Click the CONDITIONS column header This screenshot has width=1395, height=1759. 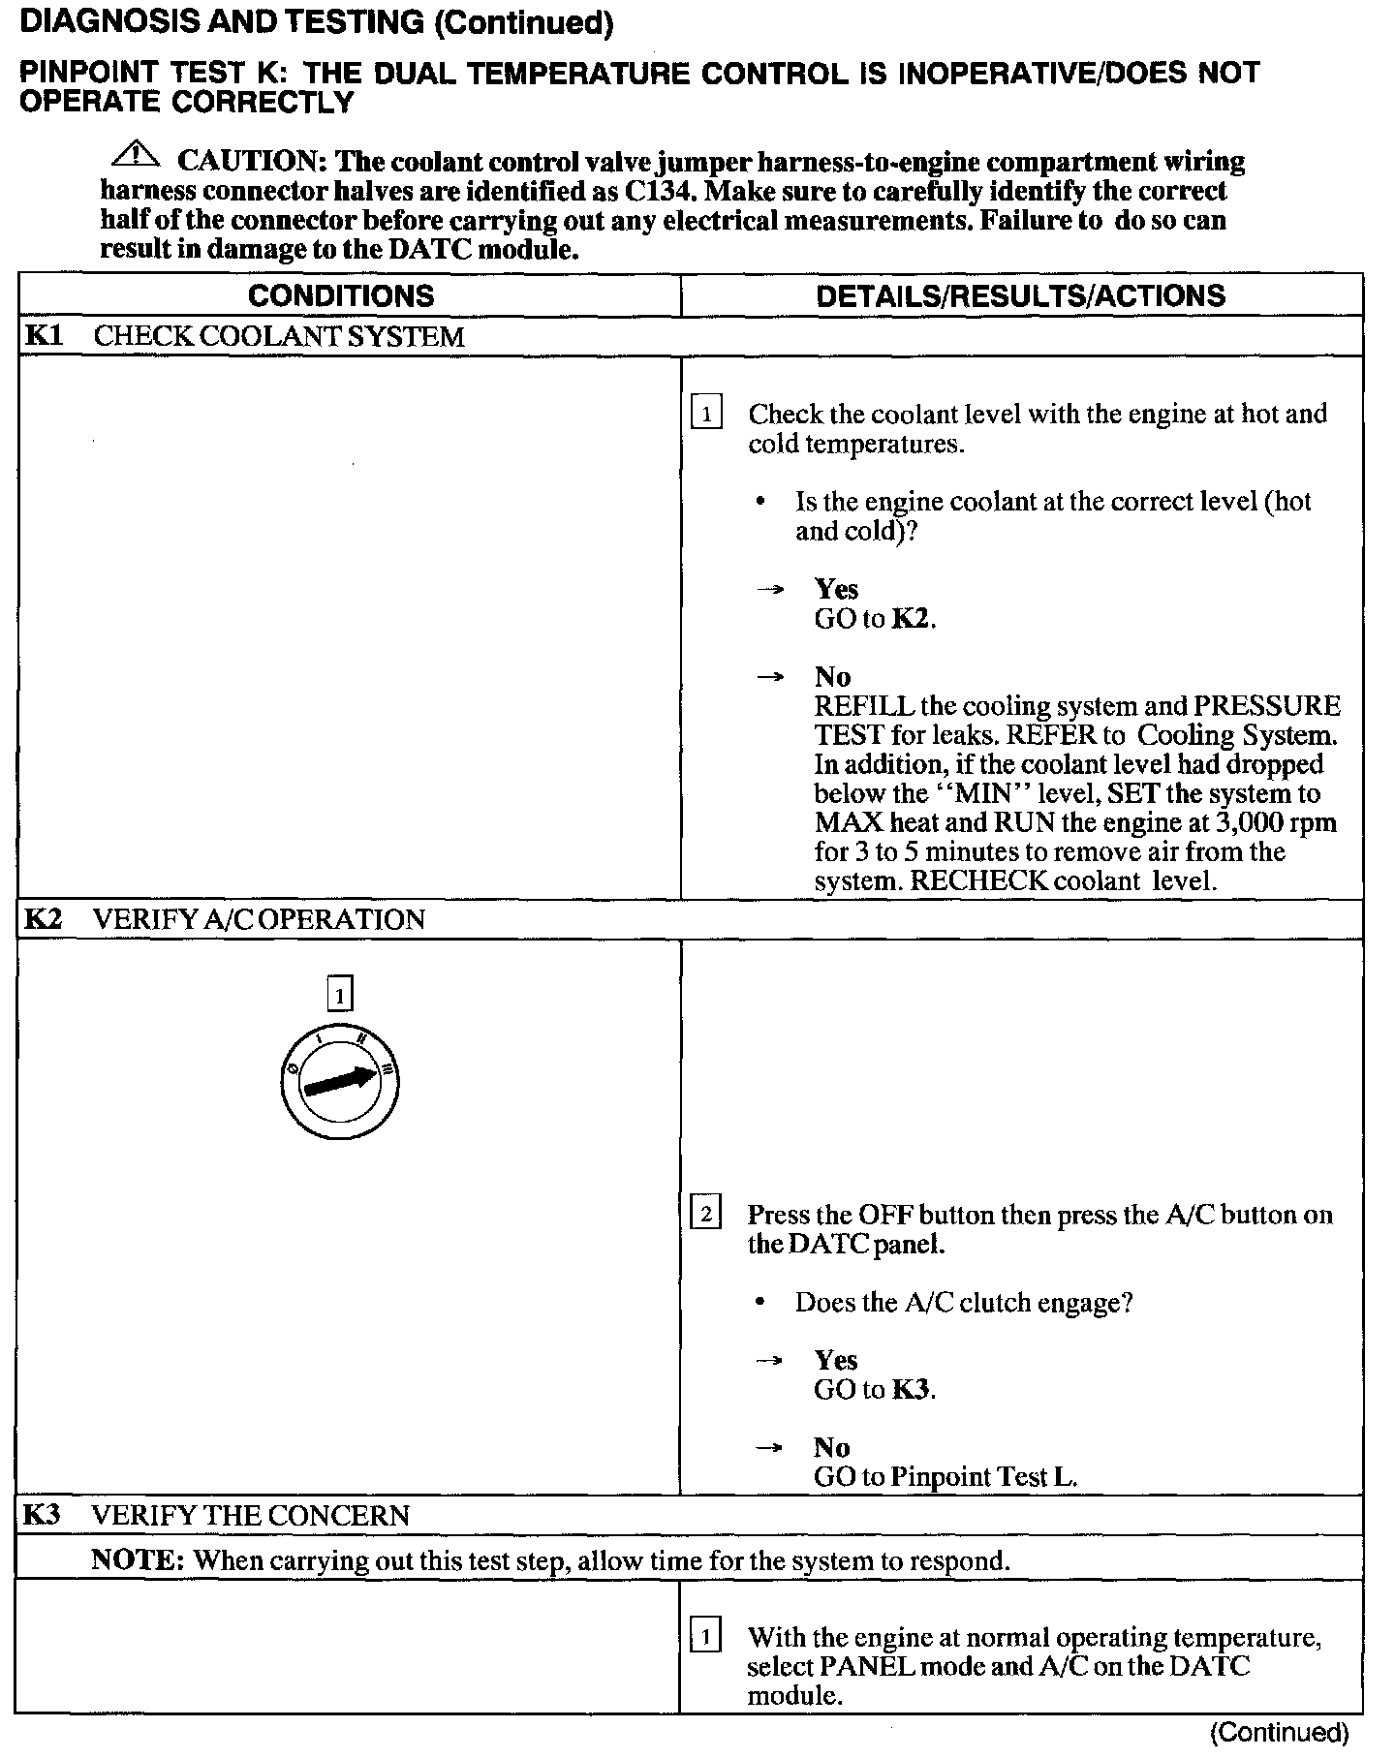click(x=341, y=295)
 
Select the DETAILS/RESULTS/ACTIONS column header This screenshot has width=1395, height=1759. click(x=1020, y=295)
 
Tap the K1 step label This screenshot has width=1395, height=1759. click(x=43, y=336)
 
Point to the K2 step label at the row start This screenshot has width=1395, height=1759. click(x=43, y=918)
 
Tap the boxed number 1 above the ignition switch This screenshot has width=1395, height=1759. click(x=339, y=995)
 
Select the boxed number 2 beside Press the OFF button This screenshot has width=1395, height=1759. click(x=705, y=1214)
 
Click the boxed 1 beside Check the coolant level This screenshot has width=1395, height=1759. click(x=706, y=415)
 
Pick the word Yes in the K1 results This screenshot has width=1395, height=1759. click(x=836, y=589)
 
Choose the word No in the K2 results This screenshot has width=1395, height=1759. click(x=831, y=1447)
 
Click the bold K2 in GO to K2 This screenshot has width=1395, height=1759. click(x=911, y=619)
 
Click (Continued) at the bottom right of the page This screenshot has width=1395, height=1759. click(x=1279, y=1732)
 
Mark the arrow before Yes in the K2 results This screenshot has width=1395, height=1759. click(x=769, y=1361)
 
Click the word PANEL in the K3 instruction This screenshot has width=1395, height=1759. click(x=862, y=1666)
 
